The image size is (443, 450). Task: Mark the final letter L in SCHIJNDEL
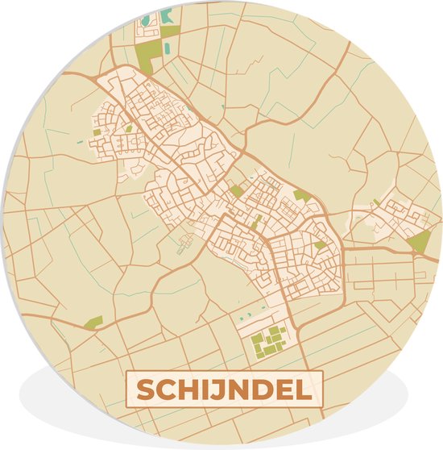coord(302,391)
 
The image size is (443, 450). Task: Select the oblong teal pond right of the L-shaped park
coord(167,49)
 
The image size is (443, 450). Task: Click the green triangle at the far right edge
coord(419,241)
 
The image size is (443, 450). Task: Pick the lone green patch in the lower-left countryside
coord(94,323)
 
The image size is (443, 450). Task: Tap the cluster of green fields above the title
coord(269,341)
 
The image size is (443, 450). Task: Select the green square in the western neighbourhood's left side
coord(97,131)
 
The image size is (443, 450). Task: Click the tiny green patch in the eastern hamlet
coord(376,202)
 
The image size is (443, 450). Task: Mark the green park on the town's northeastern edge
coord(301,196)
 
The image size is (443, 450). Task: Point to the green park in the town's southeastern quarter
coord(321,244)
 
